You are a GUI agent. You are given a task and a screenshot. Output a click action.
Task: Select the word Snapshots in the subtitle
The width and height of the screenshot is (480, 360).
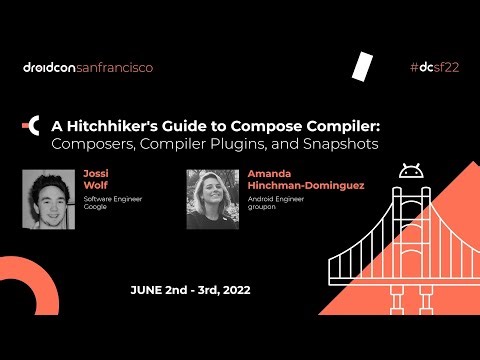click(341, 144)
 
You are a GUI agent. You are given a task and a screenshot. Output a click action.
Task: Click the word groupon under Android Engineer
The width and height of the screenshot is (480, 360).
click(262, 206)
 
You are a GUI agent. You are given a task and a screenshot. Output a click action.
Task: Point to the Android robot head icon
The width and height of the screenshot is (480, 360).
click(410, 172)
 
